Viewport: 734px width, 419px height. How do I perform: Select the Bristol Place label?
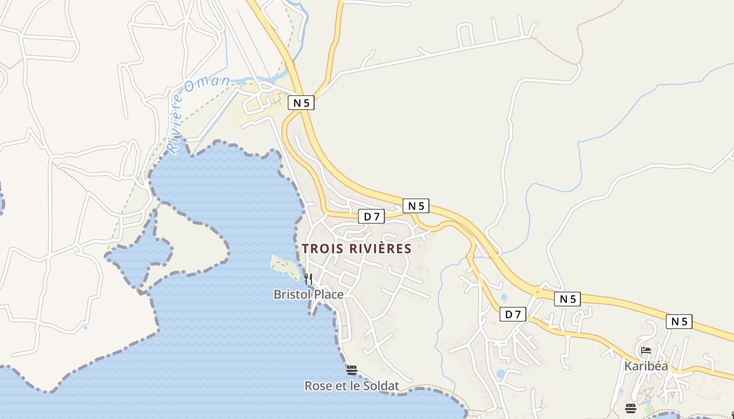(308, 294)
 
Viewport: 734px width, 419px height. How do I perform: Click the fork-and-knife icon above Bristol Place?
(308, 279)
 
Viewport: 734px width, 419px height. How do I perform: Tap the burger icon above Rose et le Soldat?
(351, 370)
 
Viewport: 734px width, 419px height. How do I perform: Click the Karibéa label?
(646, 366)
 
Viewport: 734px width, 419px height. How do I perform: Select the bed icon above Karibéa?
(646, 350)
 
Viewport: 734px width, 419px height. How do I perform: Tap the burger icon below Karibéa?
(630, 408)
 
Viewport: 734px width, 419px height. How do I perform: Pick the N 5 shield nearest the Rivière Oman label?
(301, 103)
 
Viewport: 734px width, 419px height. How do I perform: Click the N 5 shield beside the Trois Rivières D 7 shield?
(416, 206)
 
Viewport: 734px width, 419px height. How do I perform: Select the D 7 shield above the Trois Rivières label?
(371, 216)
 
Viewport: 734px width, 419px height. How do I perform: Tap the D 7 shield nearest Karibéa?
(513, 314)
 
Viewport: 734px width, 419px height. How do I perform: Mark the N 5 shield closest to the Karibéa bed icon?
(679, 322)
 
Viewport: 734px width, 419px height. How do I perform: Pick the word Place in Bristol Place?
(329, 294)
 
